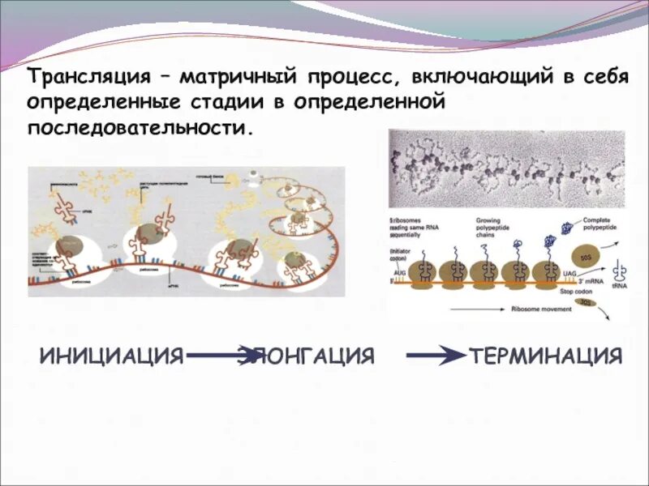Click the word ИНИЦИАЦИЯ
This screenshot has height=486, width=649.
tap(112, 356)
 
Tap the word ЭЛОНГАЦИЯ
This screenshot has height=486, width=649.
tap(308, 356)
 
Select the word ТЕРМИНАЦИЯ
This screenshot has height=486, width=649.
tap(546, 356)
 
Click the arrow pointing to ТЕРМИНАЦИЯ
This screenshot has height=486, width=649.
tap(434, 356)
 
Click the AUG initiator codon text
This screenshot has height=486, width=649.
tap(399, 275)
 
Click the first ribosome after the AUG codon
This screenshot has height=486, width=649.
tap(430, 273)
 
